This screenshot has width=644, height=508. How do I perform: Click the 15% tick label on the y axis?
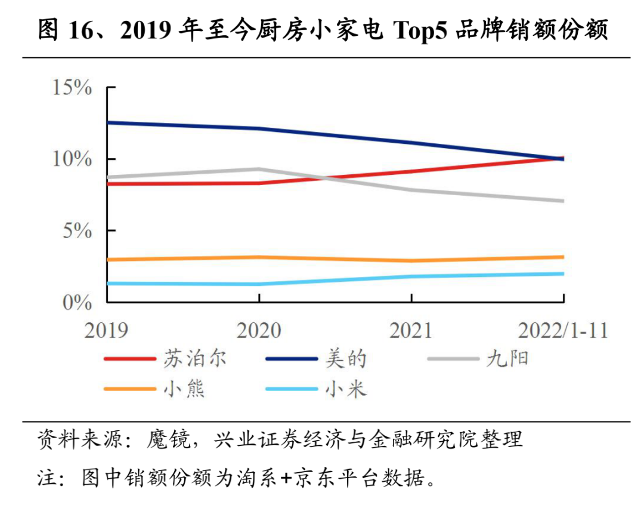click(72, 88)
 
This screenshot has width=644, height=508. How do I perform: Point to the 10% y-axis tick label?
click(72, 159)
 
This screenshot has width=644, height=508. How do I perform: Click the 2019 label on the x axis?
click(106, 330)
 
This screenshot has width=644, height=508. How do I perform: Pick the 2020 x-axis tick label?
click(258, 330)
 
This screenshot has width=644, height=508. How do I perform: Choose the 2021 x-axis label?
click(410, 330)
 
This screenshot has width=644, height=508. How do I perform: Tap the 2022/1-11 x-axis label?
click(563, 330)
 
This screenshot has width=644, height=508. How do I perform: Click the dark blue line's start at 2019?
click(108, 122)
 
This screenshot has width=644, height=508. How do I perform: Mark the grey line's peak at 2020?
click(259, 169)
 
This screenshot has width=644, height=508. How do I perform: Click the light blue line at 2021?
click(411, 276)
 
